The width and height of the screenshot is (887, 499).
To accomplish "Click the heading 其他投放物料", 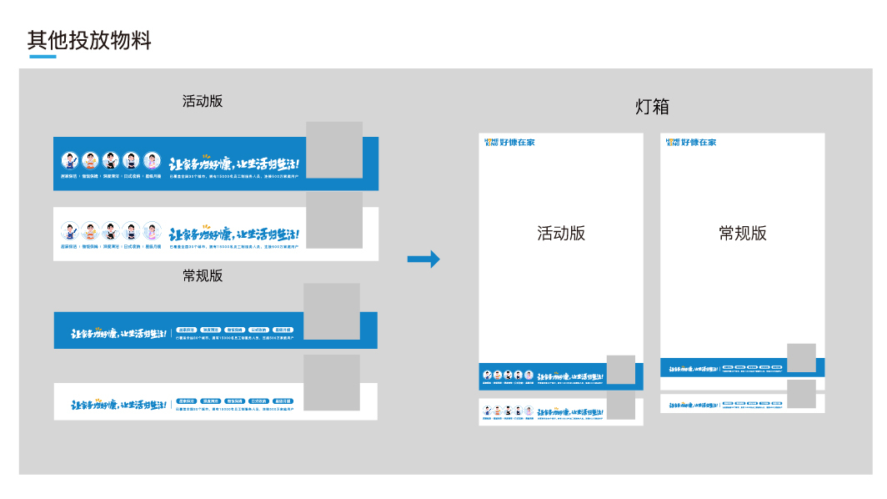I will tap(89, 40).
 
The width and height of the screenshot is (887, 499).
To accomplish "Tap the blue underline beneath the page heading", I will tap(43, 57).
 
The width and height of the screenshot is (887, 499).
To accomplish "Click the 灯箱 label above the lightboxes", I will tap(652, 107).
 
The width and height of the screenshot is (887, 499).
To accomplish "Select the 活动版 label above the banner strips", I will tap(203, 101).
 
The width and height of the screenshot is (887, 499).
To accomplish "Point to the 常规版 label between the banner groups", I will tap(203, 275).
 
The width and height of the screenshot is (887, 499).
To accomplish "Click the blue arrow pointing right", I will tap(423, 260).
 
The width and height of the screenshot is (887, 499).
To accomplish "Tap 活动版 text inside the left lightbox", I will tap(561, 234).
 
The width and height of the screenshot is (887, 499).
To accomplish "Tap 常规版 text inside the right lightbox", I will tap(743, 234).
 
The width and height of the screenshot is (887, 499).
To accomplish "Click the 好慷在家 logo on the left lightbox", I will tap(510, 143).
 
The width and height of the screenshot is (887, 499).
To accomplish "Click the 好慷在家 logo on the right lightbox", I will tap(692, 143).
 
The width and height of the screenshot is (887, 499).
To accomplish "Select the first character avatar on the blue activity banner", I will tap(71, 160).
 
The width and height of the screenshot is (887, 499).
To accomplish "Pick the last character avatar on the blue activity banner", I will tap(152, 160).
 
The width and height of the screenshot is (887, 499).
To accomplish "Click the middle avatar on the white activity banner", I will tap(112, 230).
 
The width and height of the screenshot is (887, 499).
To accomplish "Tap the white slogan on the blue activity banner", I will tap(234, 164).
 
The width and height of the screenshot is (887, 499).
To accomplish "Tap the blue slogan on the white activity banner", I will tap(234, 234).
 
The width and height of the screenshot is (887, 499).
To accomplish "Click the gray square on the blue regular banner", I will tap(332, 310).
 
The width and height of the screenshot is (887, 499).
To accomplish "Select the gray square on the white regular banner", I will tap(332, 382).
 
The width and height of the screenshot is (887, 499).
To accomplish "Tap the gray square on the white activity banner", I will tap(334, 219).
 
